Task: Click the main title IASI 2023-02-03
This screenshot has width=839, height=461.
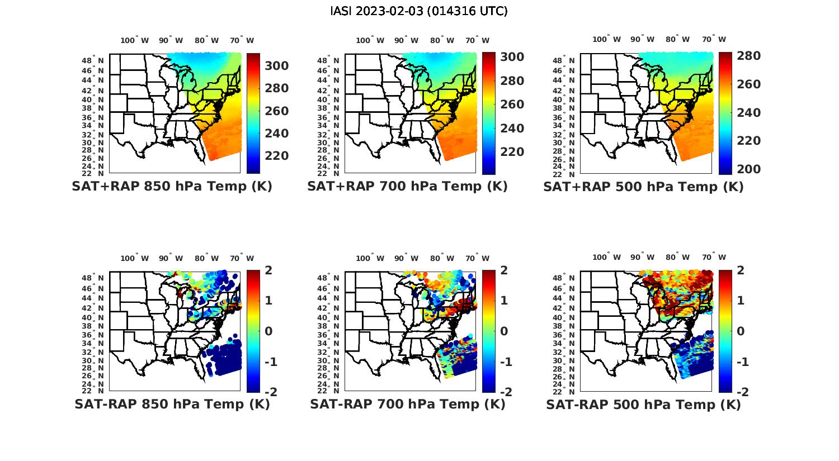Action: tap(419, 11)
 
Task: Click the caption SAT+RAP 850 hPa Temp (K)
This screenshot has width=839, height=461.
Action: tap(172, 186)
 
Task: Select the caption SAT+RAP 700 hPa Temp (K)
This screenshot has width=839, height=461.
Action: tap(407, 186)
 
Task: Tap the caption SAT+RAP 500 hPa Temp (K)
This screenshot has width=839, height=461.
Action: tap(643, 187)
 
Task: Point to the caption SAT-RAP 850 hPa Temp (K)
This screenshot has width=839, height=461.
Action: tap(172, 404)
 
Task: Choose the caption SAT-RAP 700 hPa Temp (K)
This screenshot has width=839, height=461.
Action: tap(407, 404)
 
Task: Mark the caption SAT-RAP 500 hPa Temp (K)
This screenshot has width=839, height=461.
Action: tap(643, 405)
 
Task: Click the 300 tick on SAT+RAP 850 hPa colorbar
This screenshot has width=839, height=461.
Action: tap(277, 66)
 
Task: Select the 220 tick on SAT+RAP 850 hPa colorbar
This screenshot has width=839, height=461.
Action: tap(277, 155)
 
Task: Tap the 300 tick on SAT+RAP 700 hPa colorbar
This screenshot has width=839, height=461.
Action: tap(512, 57)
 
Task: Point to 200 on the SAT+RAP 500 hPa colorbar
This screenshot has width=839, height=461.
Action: tap(748, 169)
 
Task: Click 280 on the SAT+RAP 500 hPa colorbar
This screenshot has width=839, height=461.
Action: tap(748, 56)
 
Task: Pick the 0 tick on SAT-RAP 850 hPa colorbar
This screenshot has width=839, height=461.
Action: tap(268, 331)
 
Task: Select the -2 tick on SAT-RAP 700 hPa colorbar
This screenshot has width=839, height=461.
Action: tap(505, 392)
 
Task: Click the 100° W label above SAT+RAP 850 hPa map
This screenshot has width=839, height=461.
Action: tap(135, 40)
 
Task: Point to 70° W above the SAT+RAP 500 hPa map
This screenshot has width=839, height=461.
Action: tap(714, 39)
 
